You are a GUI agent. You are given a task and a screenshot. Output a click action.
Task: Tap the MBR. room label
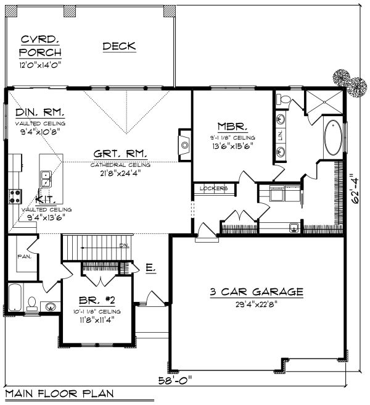coord(223,125)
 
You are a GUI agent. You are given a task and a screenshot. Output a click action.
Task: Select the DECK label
coord(119,46)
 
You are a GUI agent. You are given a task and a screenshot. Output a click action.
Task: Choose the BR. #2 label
coord(99,301)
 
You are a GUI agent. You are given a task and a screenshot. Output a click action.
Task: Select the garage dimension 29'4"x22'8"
coord(256,304)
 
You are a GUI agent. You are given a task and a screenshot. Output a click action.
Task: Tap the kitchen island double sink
coord(45,179)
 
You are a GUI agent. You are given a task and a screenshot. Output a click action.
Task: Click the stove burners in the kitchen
coord(14,196)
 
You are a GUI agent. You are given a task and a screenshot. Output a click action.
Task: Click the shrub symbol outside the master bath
coord(342,78)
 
